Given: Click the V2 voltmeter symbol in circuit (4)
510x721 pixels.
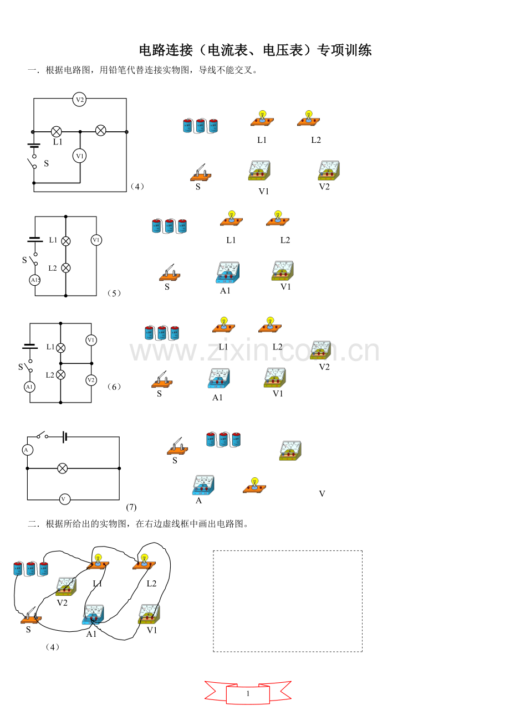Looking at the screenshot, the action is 79,100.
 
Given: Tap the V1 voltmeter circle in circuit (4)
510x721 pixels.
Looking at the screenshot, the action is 80,156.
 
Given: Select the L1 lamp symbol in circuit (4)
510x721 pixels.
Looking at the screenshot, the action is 57,131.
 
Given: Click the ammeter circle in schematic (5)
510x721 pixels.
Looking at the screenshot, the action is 35,280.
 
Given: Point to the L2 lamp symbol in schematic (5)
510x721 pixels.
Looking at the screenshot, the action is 66,268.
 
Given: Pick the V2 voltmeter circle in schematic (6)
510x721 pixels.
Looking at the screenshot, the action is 91,380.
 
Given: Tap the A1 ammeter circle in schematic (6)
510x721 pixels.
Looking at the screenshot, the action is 29,387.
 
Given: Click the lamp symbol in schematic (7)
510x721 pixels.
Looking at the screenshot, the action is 63,468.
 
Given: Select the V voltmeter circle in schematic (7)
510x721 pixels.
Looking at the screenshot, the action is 65,499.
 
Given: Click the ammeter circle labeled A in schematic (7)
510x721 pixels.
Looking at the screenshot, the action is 27,450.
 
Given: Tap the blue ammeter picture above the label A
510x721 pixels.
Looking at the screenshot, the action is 203,485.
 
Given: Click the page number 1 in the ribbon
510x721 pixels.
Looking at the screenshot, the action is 248,694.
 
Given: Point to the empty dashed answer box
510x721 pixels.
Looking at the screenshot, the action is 288,601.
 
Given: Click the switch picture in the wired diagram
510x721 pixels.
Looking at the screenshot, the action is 31,616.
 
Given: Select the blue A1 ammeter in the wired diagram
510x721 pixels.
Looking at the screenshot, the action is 94,615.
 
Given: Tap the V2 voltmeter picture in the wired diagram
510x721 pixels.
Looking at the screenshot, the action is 66,587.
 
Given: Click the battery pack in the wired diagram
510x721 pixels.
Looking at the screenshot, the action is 31,569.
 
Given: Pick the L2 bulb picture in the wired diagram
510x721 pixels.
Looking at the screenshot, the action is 144,562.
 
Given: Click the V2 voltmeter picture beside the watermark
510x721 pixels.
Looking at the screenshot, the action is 320,350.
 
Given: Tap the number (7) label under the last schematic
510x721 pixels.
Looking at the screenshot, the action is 131,508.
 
